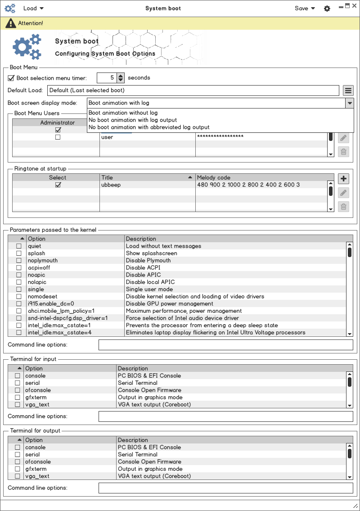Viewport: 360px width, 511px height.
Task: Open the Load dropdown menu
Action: click(x=33, y=8)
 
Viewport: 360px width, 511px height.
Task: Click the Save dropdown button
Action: click(x=305, y=8)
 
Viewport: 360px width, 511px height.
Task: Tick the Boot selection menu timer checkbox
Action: click(x=11, y=78)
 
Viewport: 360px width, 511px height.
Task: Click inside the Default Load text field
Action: click(x=193, y=90)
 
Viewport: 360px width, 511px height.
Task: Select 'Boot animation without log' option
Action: click(x=123, y=113)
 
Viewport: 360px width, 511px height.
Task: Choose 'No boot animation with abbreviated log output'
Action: click(x=149, y=127)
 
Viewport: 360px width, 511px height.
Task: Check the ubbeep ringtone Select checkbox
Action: click(x=58, y=185)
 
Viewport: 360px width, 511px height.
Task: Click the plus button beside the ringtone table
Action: click(x=343, y=179)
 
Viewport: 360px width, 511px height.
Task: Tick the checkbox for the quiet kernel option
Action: click(x=19, y=246)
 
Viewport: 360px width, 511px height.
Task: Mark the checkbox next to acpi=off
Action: click(x=19, y=268)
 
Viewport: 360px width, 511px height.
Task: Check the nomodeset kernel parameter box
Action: click(x=19, y=297)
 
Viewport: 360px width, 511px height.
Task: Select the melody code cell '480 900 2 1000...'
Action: click(x=248, y=185)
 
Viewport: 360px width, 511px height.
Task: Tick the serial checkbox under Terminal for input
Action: click(x=18, y=383)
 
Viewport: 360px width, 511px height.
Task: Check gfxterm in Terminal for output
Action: click(x=18, y=469)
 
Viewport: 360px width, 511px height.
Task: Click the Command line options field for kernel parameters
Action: click(x=225, y=345)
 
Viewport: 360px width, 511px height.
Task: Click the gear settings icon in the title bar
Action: click(x=327, y=9)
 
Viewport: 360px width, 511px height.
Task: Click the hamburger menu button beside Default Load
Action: click(x=348, y=90)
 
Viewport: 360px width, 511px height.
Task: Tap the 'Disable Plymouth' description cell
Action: click(x=148, y=261)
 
